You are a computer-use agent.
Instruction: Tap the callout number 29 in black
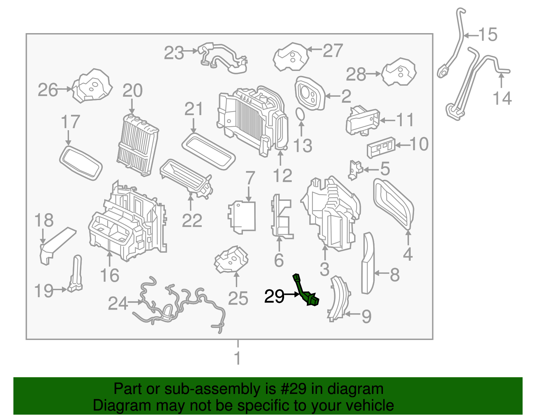[274, 297]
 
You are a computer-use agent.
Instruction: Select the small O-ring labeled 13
[300, 114]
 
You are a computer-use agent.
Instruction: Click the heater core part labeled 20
[138, 145]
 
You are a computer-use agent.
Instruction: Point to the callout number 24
[118, 304]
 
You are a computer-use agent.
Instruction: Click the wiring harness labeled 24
[178, 305]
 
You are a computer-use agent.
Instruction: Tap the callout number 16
[110, 275]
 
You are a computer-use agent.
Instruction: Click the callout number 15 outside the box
[488, 34]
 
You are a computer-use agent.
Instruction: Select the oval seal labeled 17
[81, 163]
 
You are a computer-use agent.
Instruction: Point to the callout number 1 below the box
[238, 358]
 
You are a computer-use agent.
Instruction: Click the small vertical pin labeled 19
[76, 273]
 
